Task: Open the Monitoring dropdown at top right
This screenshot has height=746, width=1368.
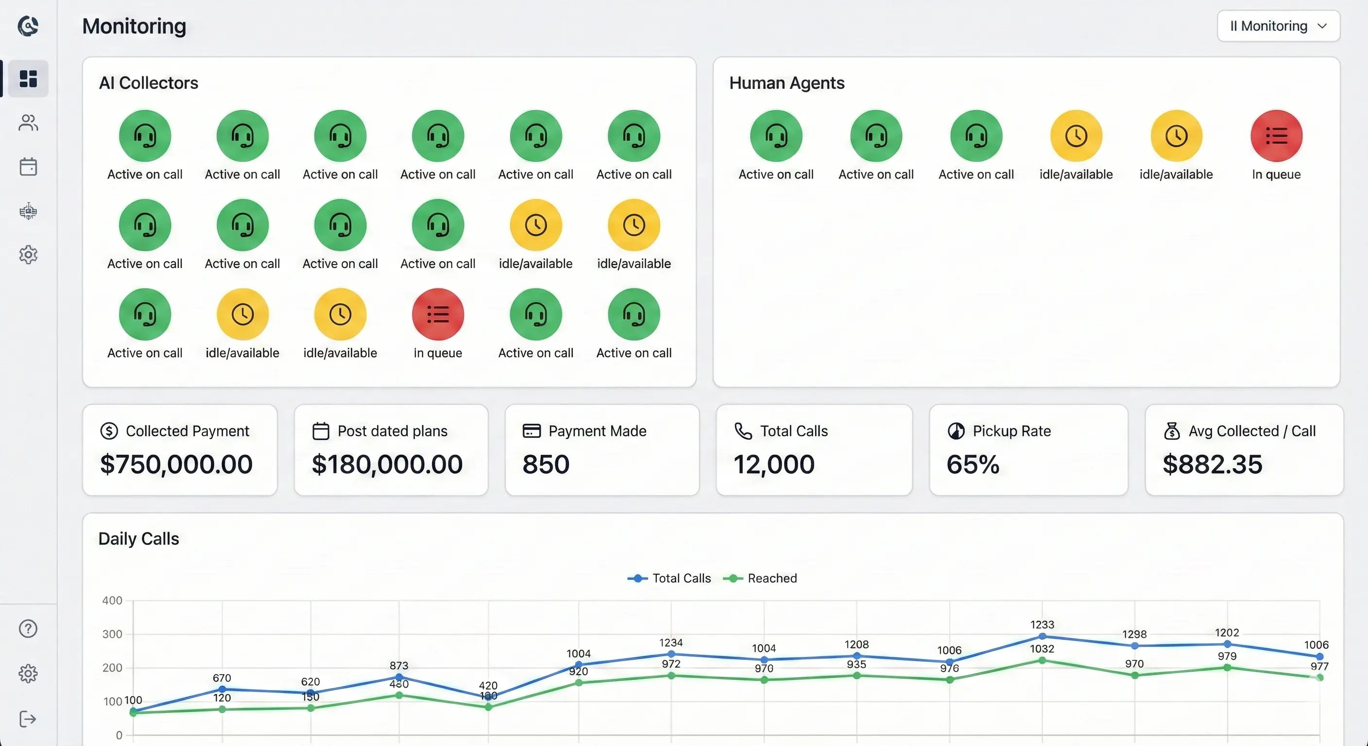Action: (1278, 26)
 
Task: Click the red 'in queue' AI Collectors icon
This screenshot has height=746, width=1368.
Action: (438, 314)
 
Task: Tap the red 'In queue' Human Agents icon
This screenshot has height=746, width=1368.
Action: (1276, 136)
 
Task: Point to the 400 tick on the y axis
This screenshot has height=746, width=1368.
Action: (112, 600)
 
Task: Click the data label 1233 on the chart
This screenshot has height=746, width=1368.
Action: (1042, 625)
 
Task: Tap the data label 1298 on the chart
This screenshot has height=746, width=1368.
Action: (1134, 634)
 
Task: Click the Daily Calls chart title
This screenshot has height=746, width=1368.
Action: (138, 539)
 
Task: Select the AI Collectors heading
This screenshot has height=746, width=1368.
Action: (148, 83)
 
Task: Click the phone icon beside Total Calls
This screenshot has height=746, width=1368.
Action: (743, 431)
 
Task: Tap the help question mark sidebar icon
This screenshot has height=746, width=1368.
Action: (28, 628)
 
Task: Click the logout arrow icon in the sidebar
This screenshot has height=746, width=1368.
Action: (28, 719)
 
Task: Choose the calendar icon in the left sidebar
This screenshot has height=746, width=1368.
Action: (28, 167)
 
